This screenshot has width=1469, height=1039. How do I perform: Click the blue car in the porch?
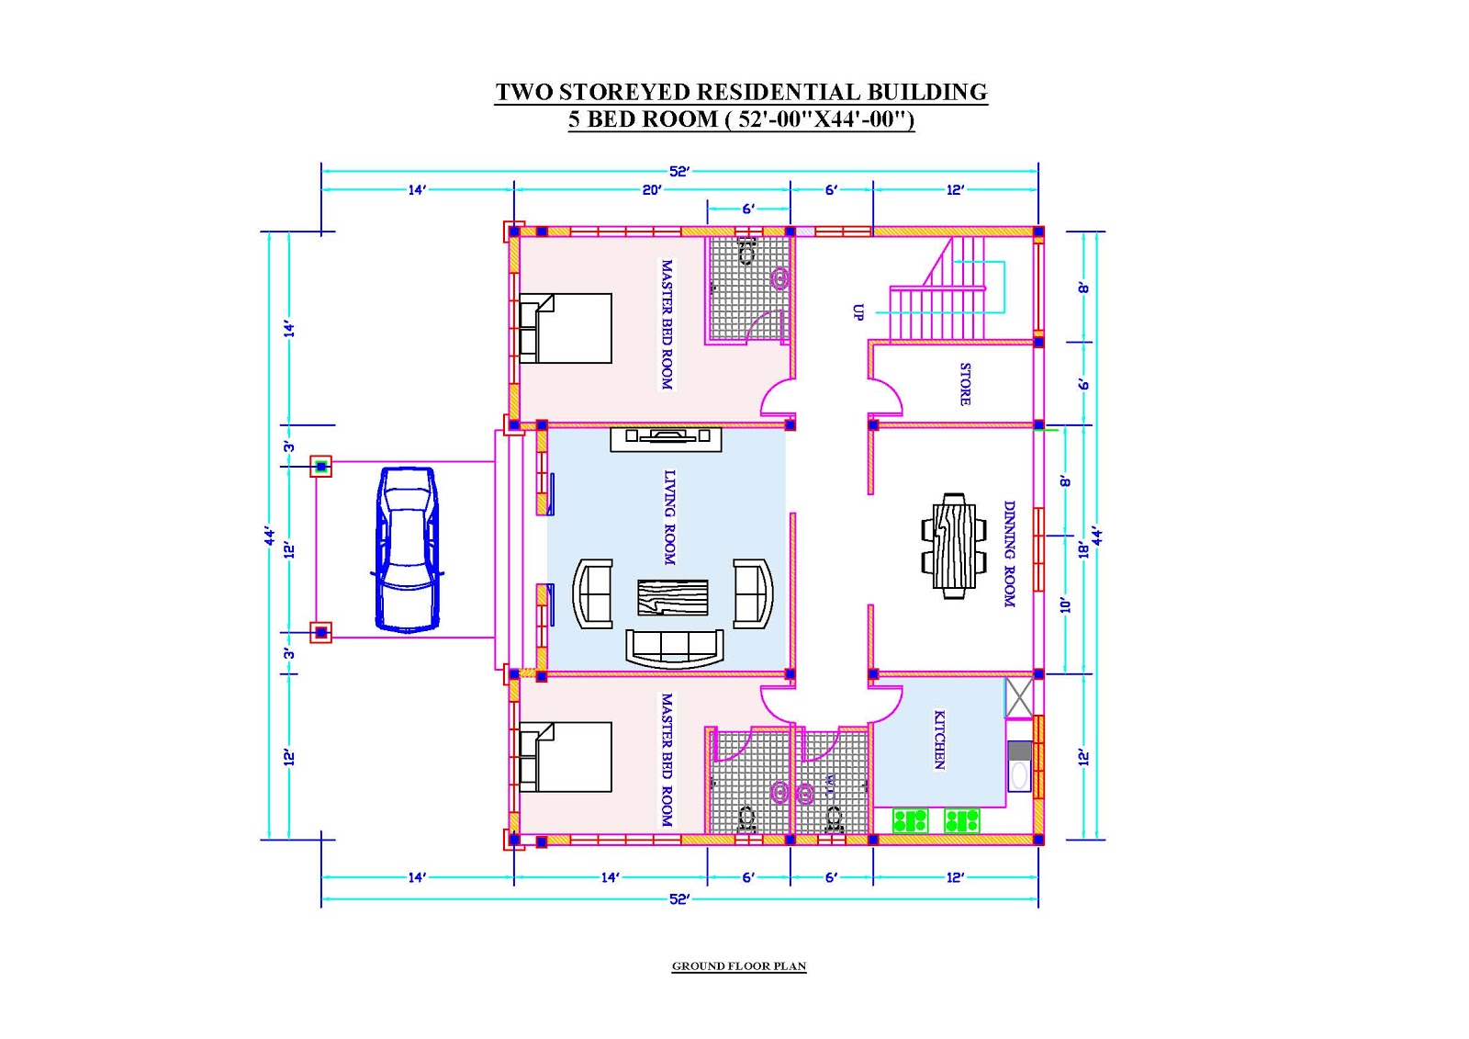[x=408, y=549]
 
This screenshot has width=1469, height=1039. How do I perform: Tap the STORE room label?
[x=965, y=384]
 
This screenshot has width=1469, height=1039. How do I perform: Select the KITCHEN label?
[x=939, y=740]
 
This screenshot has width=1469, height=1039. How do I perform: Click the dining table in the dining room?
[x=954, y=546]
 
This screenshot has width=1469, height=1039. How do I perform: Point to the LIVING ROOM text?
[x=669, y=517]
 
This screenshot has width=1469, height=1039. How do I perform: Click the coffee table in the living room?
[x=672, y=597]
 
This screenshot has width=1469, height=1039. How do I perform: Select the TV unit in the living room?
[x=666, y=438]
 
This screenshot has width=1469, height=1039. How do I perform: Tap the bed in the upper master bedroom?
[x=566, y=328]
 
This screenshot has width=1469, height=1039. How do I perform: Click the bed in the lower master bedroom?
[x=566, y=757]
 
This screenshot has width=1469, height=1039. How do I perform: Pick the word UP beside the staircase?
[x=858, y=312]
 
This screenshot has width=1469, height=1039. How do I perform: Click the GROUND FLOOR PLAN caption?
[x=739, y=966]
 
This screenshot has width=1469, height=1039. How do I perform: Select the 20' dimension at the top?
[x=651, y=190]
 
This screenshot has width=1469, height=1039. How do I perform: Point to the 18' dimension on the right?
[x=1083, y=548]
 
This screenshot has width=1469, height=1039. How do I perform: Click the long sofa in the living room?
[x=674, y=646]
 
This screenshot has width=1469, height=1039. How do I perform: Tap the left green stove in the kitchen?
[x=910, y=820]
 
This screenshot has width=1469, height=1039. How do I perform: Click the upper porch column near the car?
[x=320, y=467]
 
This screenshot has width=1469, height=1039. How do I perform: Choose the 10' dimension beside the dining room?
[x=1065, y=605]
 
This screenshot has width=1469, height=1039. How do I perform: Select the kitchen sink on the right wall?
[x=1019, y=774]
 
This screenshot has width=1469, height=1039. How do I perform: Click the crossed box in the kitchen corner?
[x=1019, y=698]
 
